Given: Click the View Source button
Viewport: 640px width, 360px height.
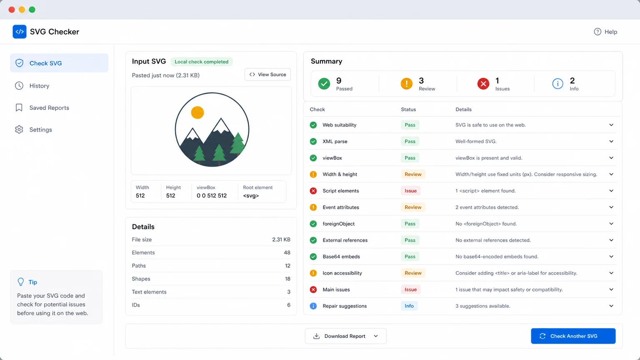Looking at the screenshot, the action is pyautogui.click(x=267, y=75).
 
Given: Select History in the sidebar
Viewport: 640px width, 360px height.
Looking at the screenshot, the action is pyautogui.click(x=39, y=86).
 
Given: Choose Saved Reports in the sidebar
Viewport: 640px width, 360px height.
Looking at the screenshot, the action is pyautogui.click(x=49, y=108).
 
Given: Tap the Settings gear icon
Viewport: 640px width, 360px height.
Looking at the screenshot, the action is pyautogui.click(x=19, y=130).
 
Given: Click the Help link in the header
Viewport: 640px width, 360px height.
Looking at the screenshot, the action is pyautogui.click(x=605, y=32).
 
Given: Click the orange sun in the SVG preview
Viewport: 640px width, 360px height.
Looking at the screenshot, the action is pyautogui.click(x=197, y=112).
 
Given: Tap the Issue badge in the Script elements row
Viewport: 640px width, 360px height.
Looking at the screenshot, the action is pyautogui.click(x=410, y=190).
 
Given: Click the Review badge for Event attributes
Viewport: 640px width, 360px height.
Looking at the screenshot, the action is pyautogui.click(x=413, y=207).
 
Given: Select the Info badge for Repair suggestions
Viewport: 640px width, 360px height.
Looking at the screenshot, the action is pyautogui.click(x=409, y=306).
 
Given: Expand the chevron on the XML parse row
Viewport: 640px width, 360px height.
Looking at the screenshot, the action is pyautogui.click(x=611, y=141).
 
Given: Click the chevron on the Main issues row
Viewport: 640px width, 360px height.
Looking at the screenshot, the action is pyautogui.click(x=611, y=290).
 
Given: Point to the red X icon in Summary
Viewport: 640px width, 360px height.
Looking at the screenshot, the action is pyautogui.click(x=483, y=84).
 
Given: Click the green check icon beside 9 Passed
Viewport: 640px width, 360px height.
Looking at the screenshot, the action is pyautogui.click(x=324, y=84).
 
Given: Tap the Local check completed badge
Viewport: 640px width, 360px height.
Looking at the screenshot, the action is pyautogui.click(x=201, y=62).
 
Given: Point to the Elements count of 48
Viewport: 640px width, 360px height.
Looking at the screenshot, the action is pyautogui.click(x=287, y=252).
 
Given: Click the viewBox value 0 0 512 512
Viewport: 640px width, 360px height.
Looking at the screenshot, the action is pyautogui.click(x=211, y=196).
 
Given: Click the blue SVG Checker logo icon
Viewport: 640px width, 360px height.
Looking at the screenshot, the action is pyautogui.click(x=20, y=32).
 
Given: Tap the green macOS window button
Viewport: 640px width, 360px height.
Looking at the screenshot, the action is pyautogui.click(x=32, y=10).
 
